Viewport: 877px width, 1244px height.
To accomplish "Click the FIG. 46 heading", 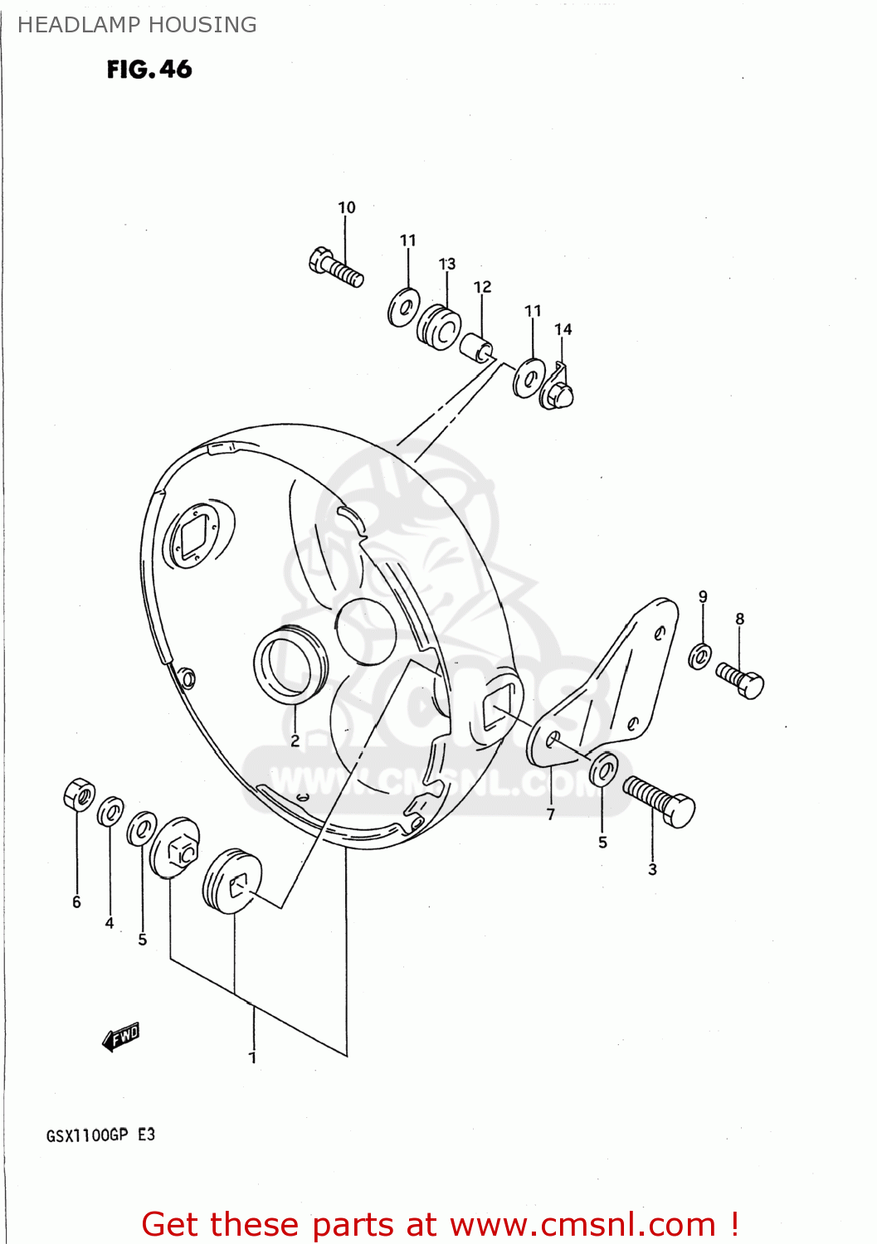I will pos(149,70).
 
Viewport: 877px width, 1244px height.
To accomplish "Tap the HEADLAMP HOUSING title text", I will pos(137,25).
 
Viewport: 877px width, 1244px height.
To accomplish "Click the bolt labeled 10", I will pos(336,267).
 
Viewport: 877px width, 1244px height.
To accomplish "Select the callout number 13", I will pos(447,264).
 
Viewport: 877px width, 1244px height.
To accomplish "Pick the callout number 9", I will pos(703,596).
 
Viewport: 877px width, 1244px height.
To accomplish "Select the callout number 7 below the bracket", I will pos(551,814).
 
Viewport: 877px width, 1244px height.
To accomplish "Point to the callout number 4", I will pos(110,922).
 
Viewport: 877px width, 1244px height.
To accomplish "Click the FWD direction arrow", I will pos(121,1037).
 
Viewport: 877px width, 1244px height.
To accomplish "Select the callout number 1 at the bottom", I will pos(253,1057).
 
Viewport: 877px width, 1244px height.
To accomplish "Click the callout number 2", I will pos(295,741).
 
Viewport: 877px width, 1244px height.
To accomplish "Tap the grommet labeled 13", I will pos(439,328).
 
